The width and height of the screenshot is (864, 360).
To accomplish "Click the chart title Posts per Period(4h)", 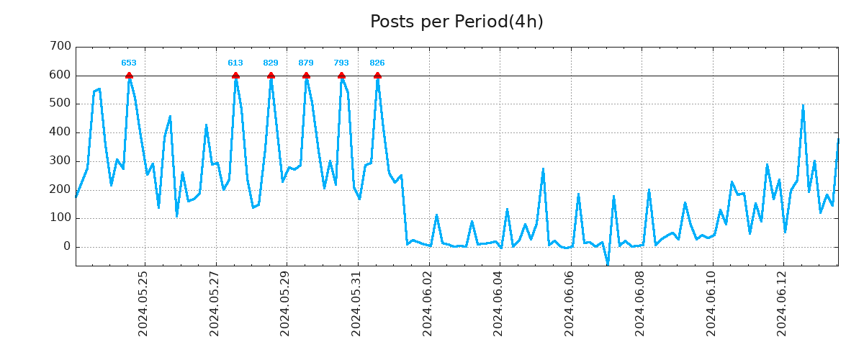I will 456,22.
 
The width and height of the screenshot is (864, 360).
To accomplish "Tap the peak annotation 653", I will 129,63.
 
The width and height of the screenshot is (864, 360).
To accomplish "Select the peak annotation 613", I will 235,63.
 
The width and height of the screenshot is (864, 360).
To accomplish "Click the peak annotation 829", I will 271,63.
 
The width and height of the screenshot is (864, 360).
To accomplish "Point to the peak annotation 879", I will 306,63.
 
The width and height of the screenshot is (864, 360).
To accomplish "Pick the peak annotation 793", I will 341,63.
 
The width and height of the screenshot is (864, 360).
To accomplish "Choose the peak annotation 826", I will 377,63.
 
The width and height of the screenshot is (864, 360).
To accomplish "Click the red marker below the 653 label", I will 129,76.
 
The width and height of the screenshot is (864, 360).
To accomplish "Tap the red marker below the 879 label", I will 306,76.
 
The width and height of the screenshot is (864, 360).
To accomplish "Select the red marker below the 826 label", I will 377,76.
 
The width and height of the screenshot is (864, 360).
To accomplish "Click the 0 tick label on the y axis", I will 67,247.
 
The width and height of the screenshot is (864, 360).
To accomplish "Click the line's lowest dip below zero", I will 608,265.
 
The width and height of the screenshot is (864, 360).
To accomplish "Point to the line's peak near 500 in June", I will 803,106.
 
